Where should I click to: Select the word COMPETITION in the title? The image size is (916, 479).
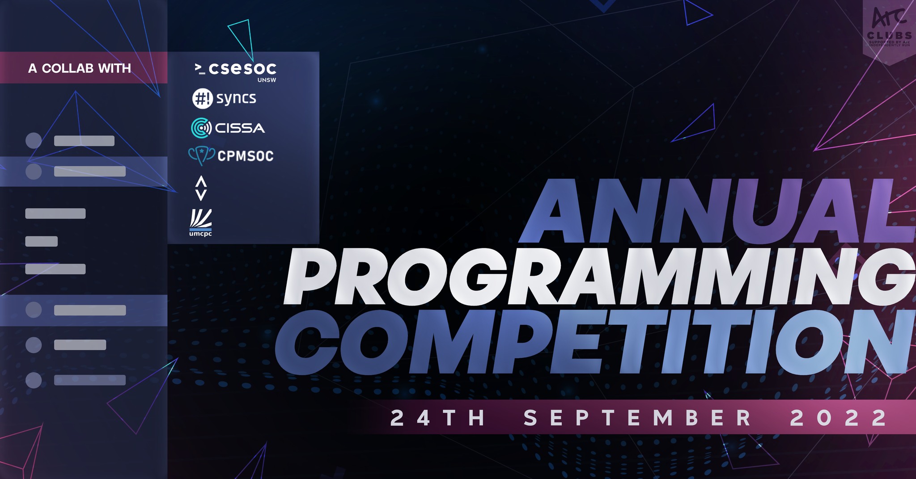pyautogui.click(x=595, y=342)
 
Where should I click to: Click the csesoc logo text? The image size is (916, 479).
pyautogui.click(x=242, y=68)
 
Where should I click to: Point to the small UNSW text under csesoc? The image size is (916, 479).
pyautogui.click(x=267, y=80)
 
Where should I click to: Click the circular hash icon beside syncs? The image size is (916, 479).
pyautogui.click(x=202, y=98)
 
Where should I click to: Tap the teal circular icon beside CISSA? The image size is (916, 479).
pyautogui.click(x=201, y=128)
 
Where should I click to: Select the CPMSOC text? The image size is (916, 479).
pyautogui.click(x=245, y=156)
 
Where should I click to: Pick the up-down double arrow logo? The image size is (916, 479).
pyautogui.click(x=201, y=188)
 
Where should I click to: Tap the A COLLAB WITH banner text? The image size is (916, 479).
pyautogui.click(x=80, y=68)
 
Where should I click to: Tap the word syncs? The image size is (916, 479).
pyautogui.click(x=236, y=98)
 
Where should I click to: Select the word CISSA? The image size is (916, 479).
pyautogui.click(x=240, y=128)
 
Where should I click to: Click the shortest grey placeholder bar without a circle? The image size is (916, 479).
pyautogui.click(x=41, y=241)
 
